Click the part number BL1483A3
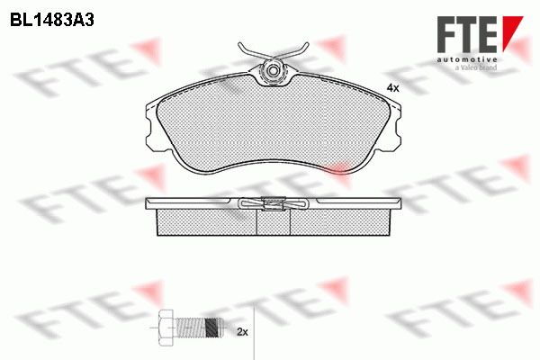(x=52, y=21)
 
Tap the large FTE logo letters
(x=467, y=34)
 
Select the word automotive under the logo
(x=467, y=59)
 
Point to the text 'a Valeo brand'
(x=476, y=67)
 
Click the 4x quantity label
(x=392, y=88)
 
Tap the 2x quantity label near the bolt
(x=242, y=332)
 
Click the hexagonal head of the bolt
(x=166, y=328)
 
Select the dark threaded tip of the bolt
(x=212, y=328)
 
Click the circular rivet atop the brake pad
(x=274, y=70)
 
